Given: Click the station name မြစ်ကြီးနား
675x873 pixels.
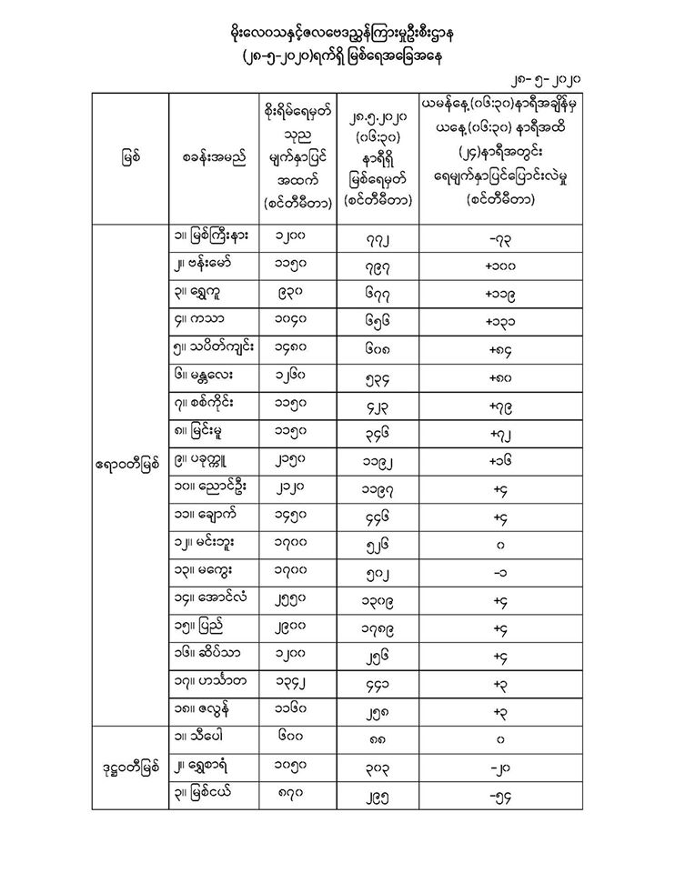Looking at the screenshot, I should (216, 236).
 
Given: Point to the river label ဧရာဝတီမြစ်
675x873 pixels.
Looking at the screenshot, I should (128, 465).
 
